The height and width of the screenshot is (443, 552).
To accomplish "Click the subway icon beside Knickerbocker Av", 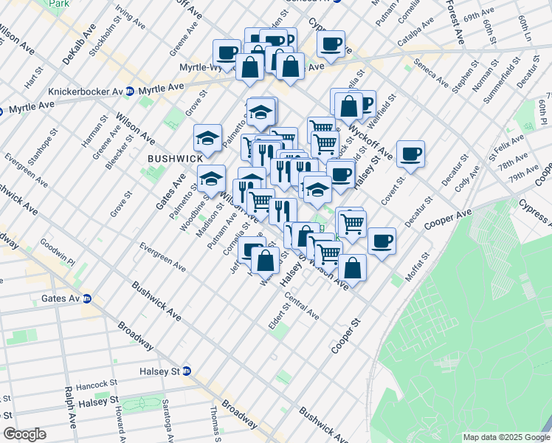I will [130, 92].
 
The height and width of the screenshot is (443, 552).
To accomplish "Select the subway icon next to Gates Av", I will [86, 299].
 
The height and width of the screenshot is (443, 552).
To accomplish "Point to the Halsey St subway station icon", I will [187, 371].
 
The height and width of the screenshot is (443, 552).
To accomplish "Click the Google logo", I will [24, 434].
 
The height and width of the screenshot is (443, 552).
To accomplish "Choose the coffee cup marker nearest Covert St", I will [410, 154].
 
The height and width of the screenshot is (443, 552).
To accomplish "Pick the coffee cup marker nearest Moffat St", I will [382, 241].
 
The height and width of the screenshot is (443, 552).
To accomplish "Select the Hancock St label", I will [100, 384].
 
